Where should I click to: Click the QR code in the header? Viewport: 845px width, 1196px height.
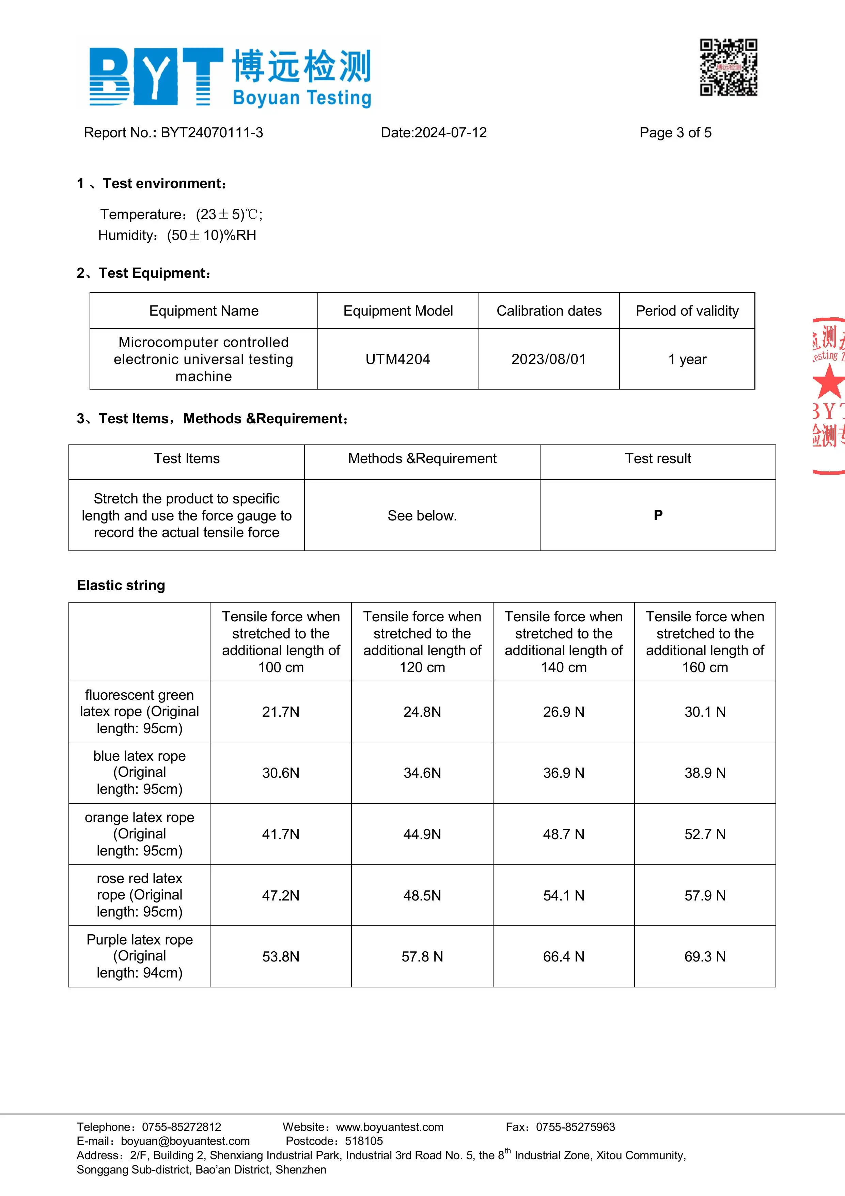coord(729,68)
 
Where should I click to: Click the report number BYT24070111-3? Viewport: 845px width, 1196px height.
coord(212,133)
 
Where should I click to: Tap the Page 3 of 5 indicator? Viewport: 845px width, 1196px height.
coord(675,133)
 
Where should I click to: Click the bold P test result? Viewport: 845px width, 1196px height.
coord(658,515)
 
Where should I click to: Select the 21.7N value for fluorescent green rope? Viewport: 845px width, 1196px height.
coord(281,712)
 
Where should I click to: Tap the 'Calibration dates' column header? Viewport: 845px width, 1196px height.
coord(549,311)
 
